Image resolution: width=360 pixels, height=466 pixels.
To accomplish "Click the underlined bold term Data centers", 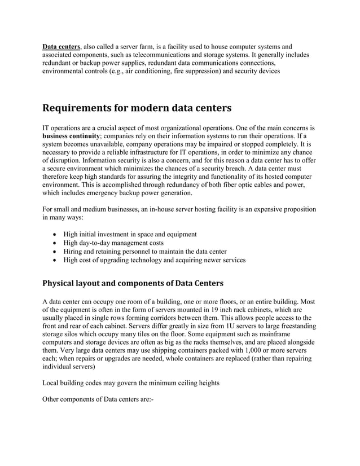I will tap(62, 46).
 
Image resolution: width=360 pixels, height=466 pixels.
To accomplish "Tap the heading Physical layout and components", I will tap(133, 282).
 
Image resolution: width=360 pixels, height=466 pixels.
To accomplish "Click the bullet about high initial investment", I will tap(130, 234).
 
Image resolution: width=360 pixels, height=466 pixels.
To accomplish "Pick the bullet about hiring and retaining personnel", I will tap(145, 251).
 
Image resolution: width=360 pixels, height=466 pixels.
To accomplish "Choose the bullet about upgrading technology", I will tap(154, 260).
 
